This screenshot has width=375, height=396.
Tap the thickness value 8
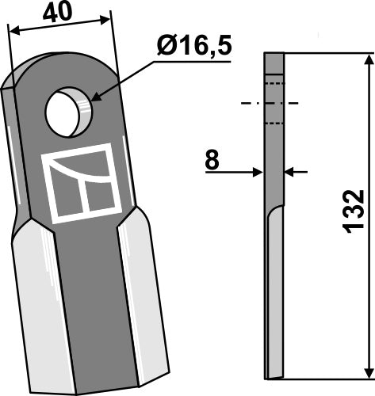pos(212,161)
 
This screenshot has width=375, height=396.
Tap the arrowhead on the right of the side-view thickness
pos(291,171)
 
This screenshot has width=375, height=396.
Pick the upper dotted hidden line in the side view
pos(273,82)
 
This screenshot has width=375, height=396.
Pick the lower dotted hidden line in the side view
pos(273,123)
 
